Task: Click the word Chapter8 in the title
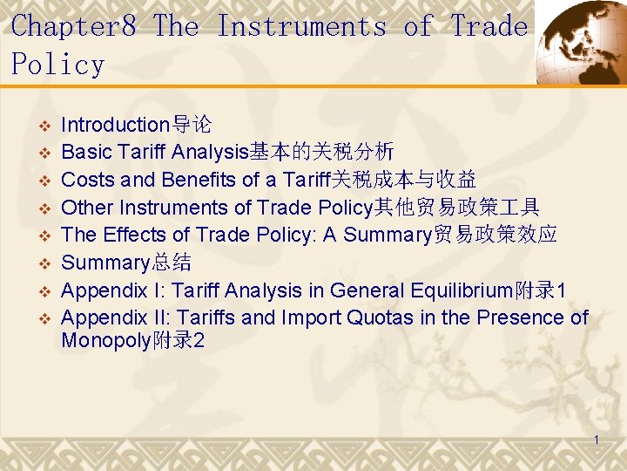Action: (74, 26)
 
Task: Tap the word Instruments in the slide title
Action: (300, 26)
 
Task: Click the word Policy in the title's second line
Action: (57, 65)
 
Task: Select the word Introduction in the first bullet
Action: (114, 125)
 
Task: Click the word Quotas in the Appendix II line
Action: (381, 317)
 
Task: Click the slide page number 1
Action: (597, 440)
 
